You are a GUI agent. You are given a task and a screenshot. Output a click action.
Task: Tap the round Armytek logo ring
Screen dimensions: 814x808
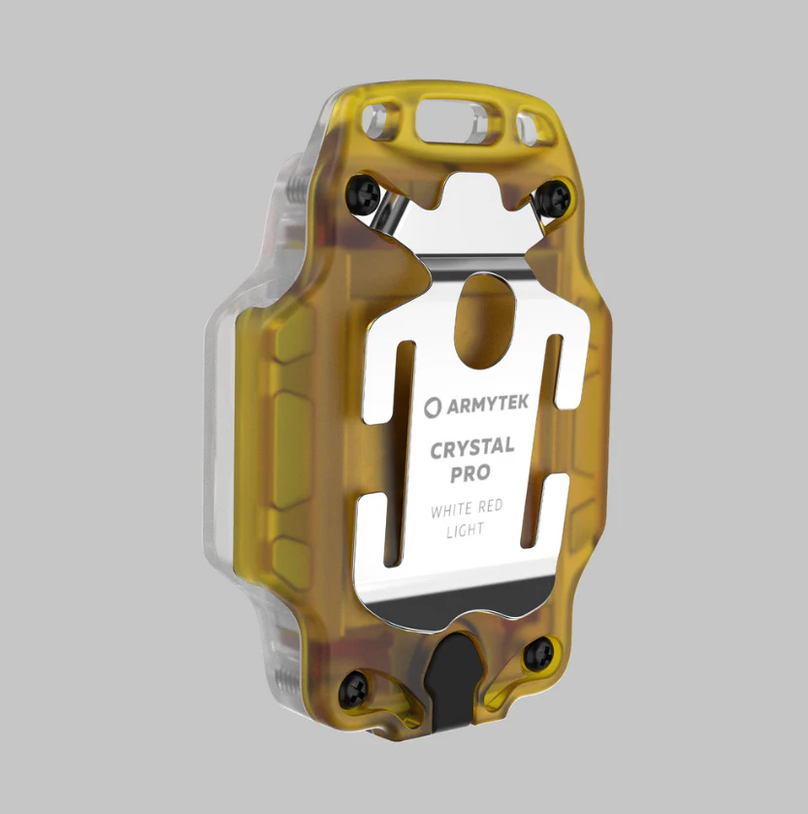coord(432,406)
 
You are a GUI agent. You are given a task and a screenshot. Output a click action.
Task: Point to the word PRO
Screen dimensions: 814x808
coord(469,474)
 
